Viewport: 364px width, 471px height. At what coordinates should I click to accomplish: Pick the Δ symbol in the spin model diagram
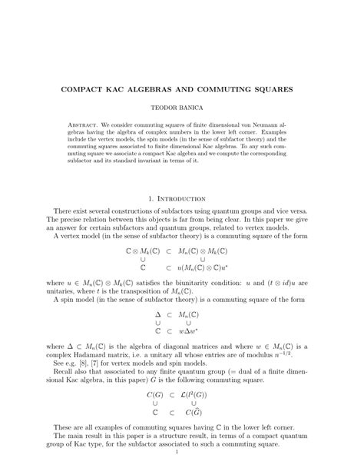(157, 315)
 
